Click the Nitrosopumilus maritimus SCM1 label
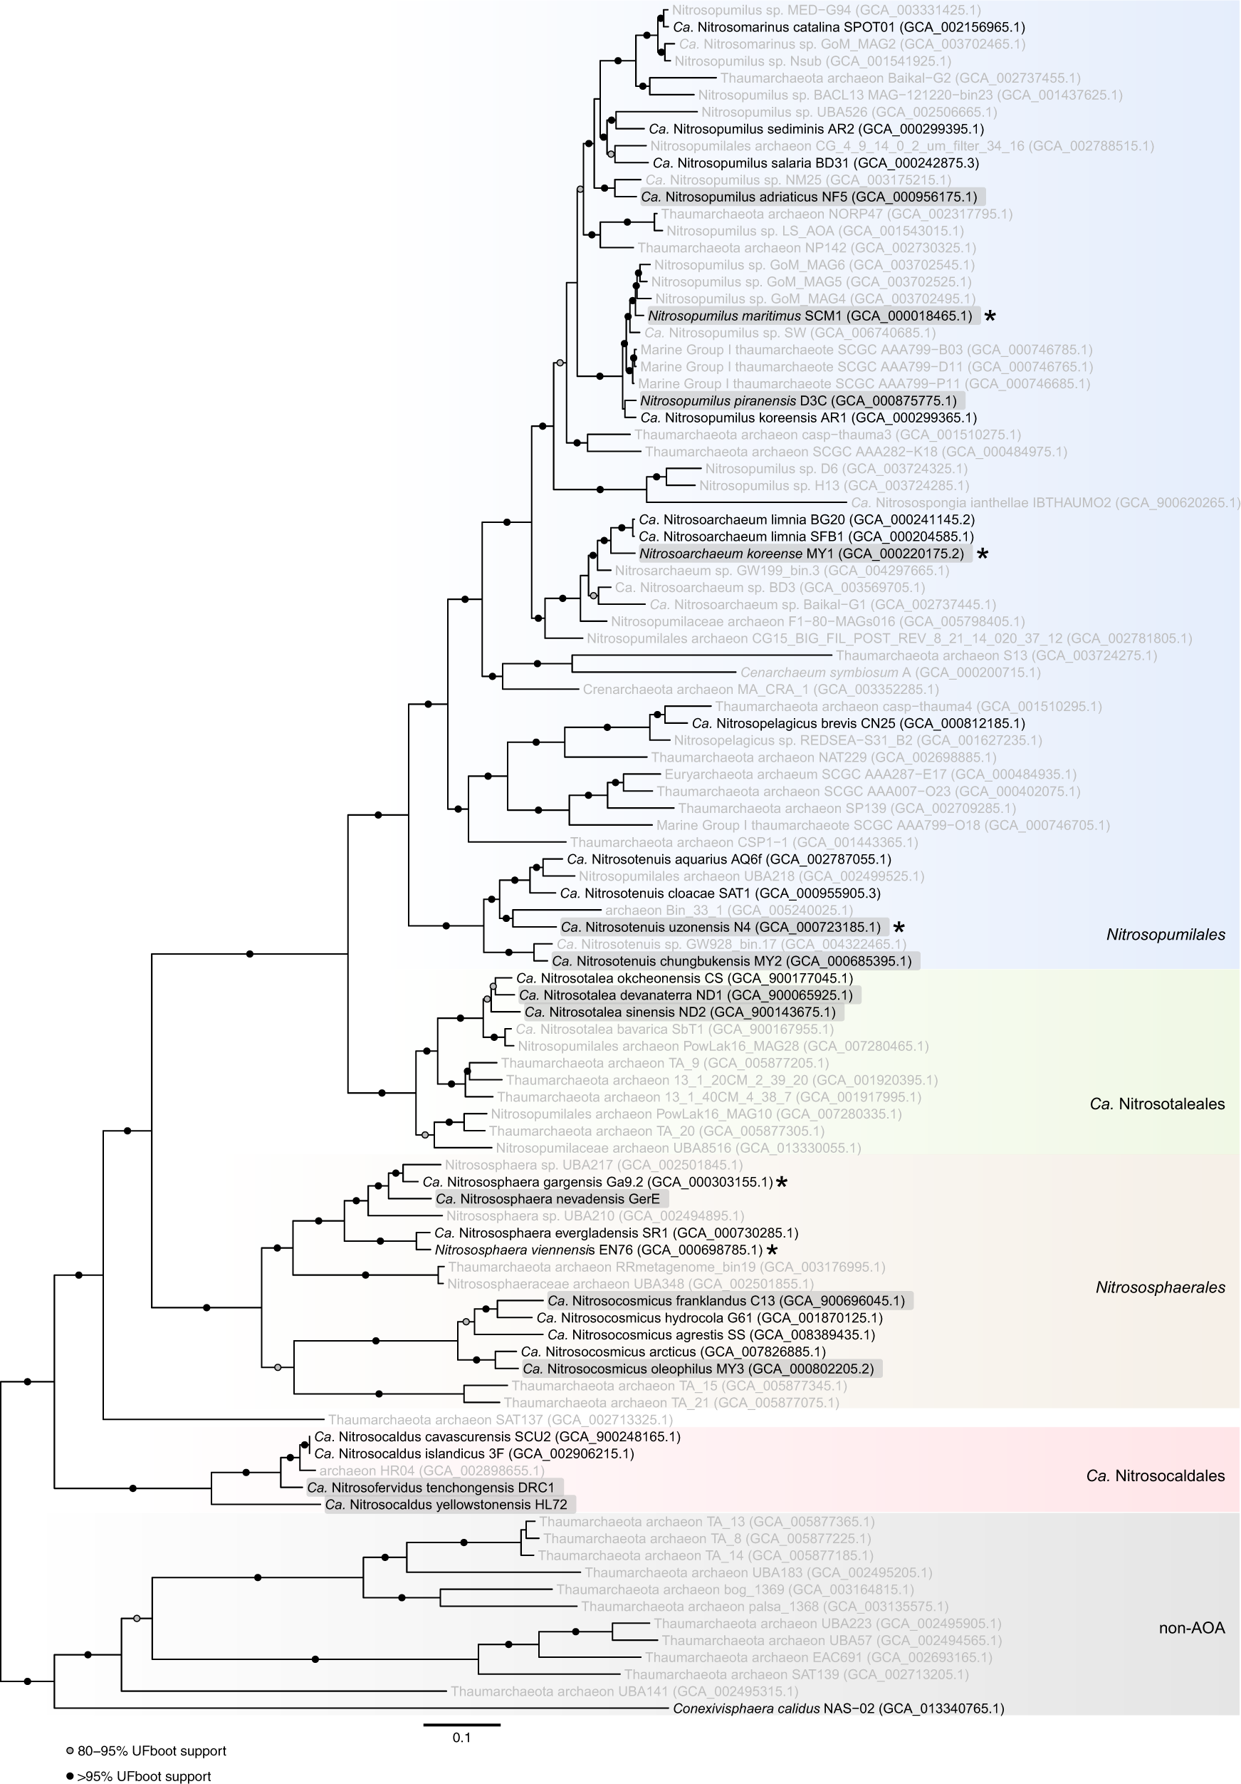coord(810,316)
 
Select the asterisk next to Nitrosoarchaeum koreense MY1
coord(983,554)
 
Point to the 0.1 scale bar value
coord(461,1738)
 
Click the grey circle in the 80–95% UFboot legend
coord(70,1751)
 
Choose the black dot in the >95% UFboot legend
coord(70,1776)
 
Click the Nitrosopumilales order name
coord(1165,935)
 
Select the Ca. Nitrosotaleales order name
coord(1156,1104)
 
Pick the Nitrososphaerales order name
coord(1159,1287)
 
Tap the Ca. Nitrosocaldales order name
coord(1155,1476)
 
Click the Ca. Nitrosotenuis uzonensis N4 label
coord(720,927)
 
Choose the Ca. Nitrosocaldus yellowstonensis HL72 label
coord(446,1504)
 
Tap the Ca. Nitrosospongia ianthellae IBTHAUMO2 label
coord(1045,503)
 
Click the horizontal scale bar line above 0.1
coord(461,1724)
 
